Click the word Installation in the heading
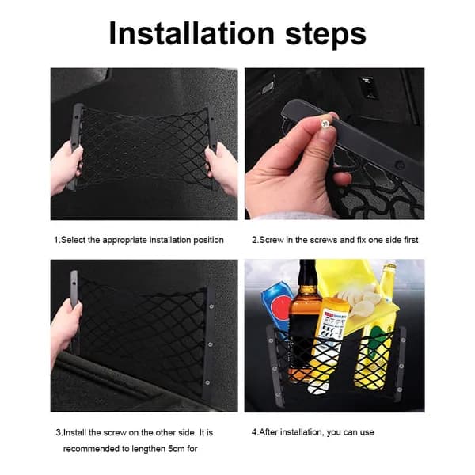tap(192, 33)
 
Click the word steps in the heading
tap(325, 36)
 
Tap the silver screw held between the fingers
tap(325, 123)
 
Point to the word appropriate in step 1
tap(124, 240)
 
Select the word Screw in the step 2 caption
tap(272, 240)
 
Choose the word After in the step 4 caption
tap(268, 432)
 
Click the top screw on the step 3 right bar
tap(211, 306)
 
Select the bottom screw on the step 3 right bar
tap(207, 382)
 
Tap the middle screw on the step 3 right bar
tap(209, 344)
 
